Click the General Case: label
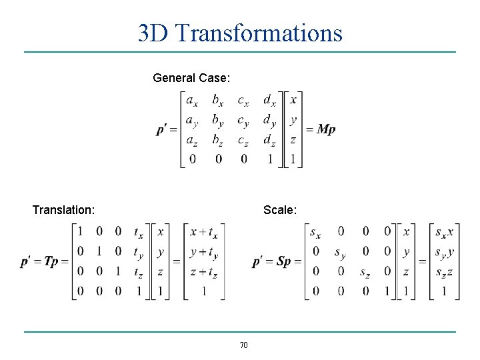[x=191, y=78]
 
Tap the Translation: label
[x=63, y=210]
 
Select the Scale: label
[x=280, y=210]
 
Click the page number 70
[x=243, y=345]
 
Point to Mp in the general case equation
[x=326, y=129]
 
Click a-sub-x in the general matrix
[x=192, y=101]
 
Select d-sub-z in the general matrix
[x=269, y=140]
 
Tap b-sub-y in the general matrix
[x=218, y=121]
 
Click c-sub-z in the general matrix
[x=243, y=140]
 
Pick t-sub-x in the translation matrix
[x=138, y=233]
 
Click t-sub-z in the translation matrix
[x=138, y=272]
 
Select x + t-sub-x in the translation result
[x=203, y=233]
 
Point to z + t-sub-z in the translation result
[x=203, y=272]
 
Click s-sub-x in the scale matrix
[x=315, y=233]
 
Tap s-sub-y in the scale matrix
[x=340, y=253]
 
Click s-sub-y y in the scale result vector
[x=445, y=253]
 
